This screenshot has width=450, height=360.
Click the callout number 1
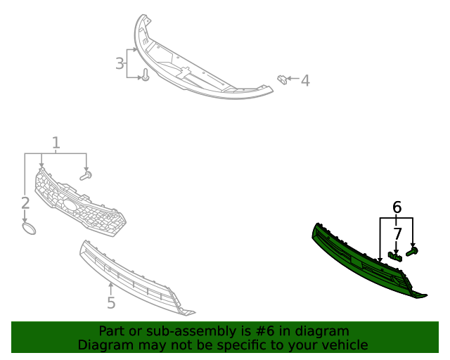pos(56,143)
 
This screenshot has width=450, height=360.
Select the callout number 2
pos(25,203)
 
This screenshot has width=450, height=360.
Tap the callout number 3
pos(120,64)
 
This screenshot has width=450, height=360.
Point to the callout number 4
pos(304,81)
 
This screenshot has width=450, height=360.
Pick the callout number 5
pos(111,303)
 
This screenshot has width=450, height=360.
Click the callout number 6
pos(397,207)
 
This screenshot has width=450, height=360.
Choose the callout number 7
pos(397,234)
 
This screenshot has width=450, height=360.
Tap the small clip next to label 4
pos(282,78)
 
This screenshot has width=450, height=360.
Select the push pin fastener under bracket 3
pos(145,75)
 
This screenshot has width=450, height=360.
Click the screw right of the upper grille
pos(86,175)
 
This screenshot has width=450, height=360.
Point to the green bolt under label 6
pos(412,250)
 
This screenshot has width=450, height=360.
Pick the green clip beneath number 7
pos(395,256)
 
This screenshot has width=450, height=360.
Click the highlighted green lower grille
pos(359,260)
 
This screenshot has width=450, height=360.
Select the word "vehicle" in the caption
pos(344,345)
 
